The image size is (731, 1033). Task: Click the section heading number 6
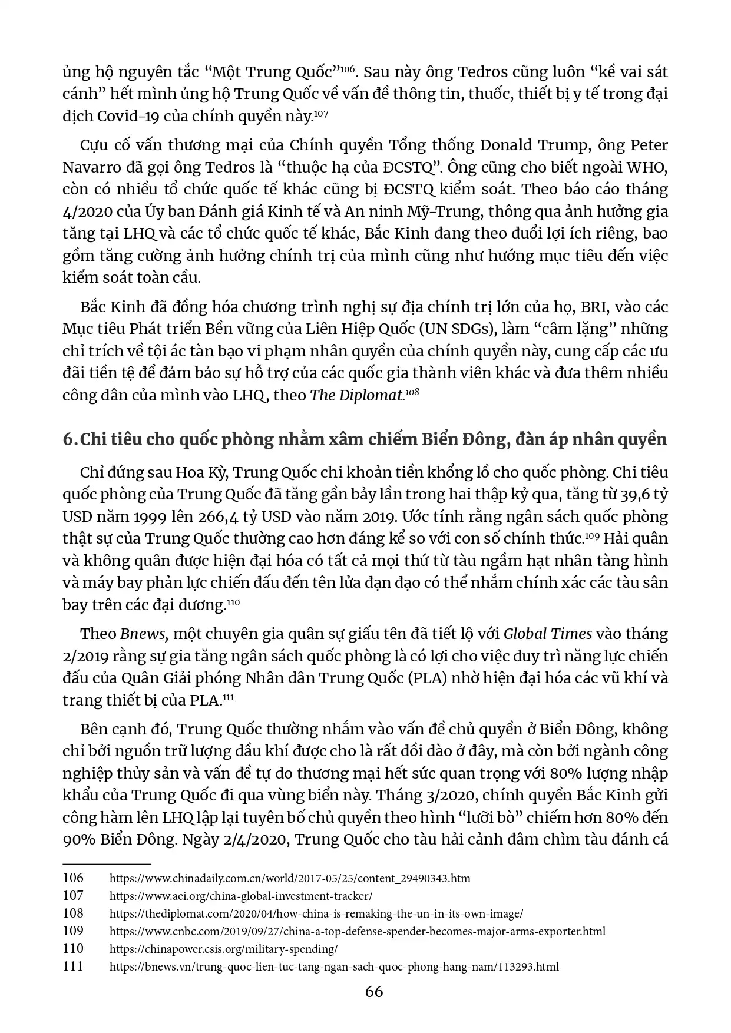(x=68, y=439)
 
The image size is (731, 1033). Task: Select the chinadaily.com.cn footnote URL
(x=290, y=878)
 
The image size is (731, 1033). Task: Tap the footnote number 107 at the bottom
(x=73, y=896)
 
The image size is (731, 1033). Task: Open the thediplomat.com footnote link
(x=316, y=913)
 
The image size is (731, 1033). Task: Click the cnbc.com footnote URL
(x=357, y=931)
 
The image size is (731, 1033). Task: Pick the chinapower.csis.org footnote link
(x=223, y=949)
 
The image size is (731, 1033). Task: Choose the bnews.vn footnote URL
(x=334, y=966)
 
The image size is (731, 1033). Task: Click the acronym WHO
(x=649, y=167)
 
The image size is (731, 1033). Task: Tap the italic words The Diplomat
(x=356, y=395)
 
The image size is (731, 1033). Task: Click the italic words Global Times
(x=547, y=634)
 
